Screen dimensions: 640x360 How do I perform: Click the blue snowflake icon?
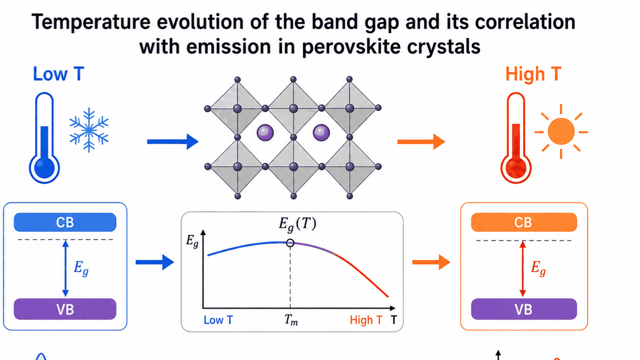(x=89, y=130)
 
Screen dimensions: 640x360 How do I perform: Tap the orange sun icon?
(x=561, y=131)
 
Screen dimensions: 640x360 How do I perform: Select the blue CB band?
(x=65, y=222)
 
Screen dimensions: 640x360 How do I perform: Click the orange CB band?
(x=524, y=222)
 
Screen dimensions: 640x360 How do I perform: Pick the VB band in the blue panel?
(x=65, y=309)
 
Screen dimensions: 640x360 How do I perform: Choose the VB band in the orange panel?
(x=524, y=309)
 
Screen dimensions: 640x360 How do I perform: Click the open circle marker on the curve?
(x=290, y=243)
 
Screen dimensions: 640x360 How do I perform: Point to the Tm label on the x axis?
(x=291, y=320)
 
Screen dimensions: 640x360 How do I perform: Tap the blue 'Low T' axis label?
(x=218, y=320)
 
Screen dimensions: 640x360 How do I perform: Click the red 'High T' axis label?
(x=366, y=320)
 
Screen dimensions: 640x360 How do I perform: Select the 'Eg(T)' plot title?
(x=297, y=224)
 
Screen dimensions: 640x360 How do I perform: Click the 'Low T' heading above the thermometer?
(x=59, y=74)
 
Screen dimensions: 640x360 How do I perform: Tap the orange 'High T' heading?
(x=533, y=74)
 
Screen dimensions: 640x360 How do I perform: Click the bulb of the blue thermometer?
(x=44, y=168)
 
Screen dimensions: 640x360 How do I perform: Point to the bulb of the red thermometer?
(x=516, y=168)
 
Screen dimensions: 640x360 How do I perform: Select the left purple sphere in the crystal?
(x=265, y=132)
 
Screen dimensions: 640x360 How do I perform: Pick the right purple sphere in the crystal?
(x=321, y=132)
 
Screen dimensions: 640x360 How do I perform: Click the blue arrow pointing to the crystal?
(x=173, y=142)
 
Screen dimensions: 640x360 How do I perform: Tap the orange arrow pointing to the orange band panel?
(x=432, y=262)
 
